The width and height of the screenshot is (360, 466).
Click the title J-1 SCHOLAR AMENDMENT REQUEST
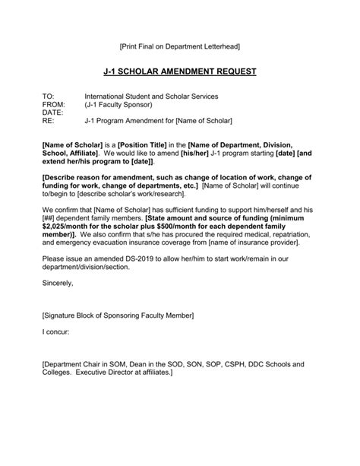click(x=180, y=71)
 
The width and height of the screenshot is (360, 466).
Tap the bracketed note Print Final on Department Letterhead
click(x=180, y=47)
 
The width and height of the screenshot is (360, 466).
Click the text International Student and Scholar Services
click(x=151, y=97)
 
